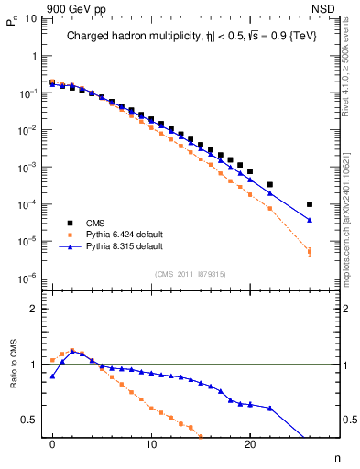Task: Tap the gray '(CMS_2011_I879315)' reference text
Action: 191,272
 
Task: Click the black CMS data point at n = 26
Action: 310,204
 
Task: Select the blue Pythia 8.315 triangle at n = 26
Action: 310,220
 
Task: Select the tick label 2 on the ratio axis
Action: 32,309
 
